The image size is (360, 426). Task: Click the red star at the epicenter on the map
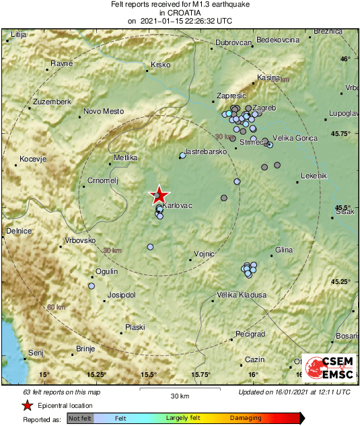pyautogui.click(x=159, y=195)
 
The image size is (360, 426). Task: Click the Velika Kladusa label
pyautogui.click(x=242, y=295)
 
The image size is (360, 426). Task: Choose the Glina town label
pyautogui.click(x=284, y=250)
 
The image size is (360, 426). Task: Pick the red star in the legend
pyautogui.click(x=27, y=406)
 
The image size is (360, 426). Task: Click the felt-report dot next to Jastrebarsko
pyautogui.click(x=182, y=156)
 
